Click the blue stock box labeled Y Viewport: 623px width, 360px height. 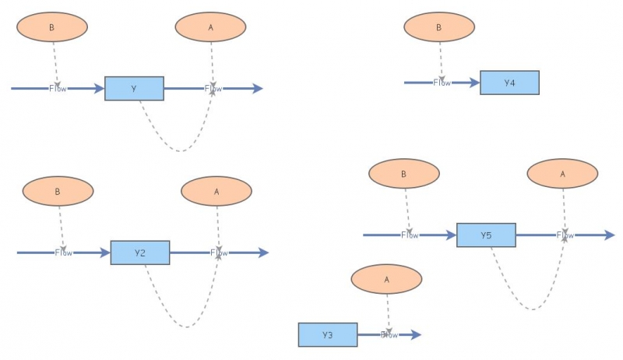point(134,89)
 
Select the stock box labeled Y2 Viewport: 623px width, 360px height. point(140,252)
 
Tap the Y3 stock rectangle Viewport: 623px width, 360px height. point(328,335)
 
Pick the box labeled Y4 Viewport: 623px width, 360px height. point(509,83)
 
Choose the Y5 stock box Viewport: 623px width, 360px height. point(486,235)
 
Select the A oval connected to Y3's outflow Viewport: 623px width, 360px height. point(386,280)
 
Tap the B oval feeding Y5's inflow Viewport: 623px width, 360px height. point(403,174)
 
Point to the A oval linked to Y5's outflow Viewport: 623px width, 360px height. point(562,174)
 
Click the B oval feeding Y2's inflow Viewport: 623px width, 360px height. point(58,191)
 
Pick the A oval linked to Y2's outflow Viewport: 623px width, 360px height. point(216,191)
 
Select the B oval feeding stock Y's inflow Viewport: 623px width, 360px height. point(52,27)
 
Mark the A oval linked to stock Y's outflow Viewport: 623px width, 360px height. point(211,27)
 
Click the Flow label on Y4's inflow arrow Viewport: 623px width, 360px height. point(442,83)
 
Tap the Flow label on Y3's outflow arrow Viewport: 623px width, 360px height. point(389,335)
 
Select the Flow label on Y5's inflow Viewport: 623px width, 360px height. point(410,235)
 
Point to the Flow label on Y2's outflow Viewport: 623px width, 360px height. point(219,252)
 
